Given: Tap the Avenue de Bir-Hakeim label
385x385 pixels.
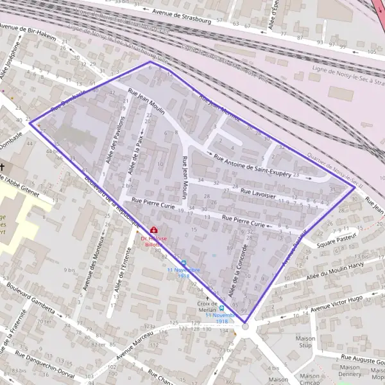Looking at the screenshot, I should tap(28, 33).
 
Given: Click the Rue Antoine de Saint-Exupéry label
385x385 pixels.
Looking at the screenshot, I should tap(253, 166).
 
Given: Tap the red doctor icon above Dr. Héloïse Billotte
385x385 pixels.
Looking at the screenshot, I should tap(153, 230).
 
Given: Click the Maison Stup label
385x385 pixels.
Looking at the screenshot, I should tap(306, 341).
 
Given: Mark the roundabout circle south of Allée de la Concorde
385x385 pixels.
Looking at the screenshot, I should tap(244, 327).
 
